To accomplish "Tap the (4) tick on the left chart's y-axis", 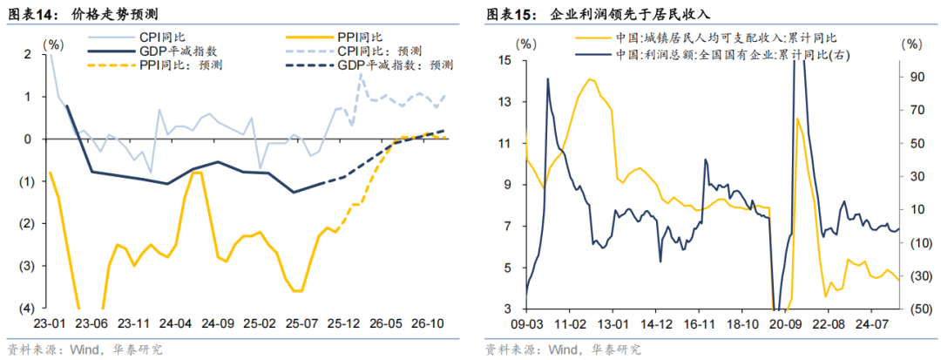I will (x=27, y=309).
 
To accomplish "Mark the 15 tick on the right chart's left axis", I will (x=504, y=60).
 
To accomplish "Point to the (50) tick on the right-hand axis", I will (x=915, y=309).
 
